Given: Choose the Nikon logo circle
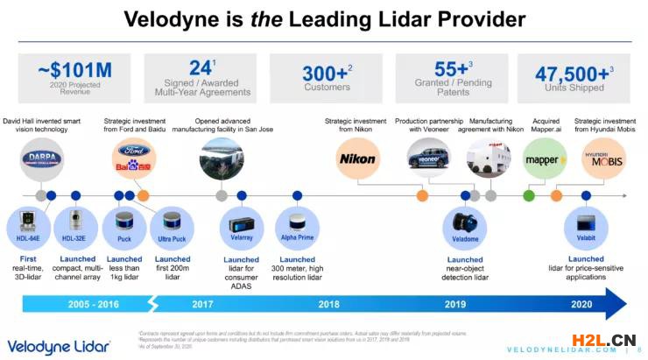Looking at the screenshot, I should pyautogui.click(x=357, y=159).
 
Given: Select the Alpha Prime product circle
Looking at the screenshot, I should pyautogui.click(x=295, y=223).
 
